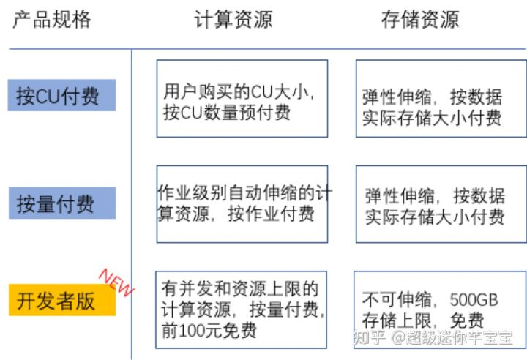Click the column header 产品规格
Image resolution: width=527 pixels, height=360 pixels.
52,20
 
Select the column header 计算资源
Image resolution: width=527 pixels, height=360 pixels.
233,20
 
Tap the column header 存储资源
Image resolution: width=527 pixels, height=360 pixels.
420,20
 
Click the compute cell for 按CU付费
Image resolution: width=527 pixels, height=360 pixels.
242,98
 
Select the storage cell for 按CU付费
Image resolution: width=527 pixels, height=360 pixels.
441,98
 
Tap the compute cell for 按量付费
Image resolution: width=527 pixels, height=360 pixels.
242,204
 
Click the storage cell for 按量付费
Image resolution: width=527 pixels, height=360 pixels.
441,204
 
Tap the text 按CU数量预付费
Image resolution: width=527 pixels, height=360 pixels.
226,113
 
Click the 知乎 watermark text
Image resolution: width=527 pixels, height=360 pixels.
366,338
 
